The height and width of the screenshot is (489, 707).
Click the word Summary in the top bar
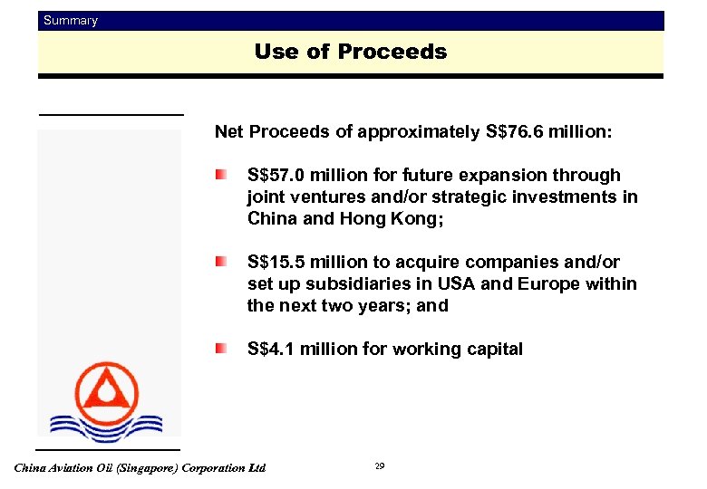click(71, 20)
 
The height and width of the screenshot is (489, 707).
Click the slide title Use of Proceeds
click(351, 52)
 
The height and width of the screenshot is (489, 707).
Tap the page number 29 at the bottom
click(380, 466)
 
